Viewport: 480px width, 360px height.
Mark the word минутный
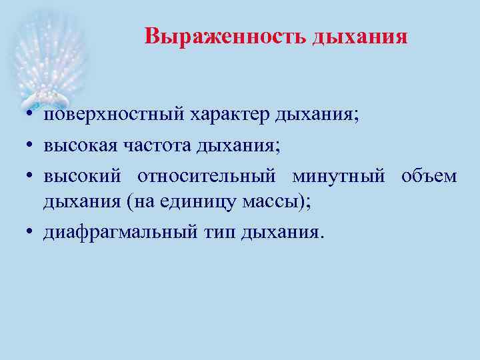click(x=338, y=177)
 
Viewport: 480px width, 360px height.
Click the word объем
click(x=429, y=177)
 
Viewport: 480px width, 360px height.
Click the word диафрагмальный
click(x=121, y=233)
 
